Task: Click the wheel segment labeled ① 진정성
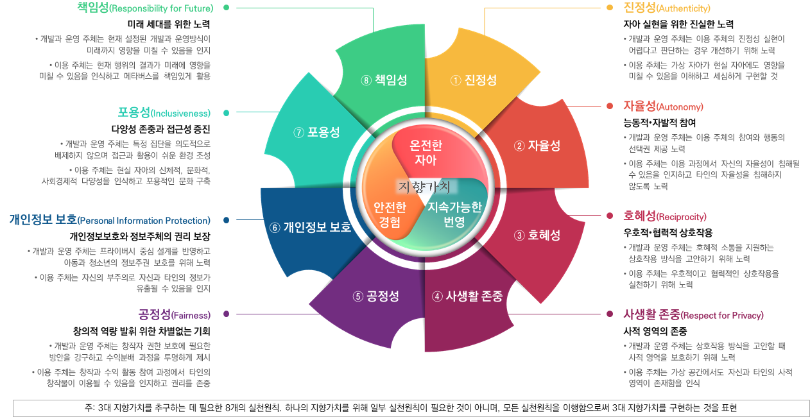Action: click(x=474, y=80)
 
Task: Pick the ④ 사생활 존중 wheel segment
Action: click(x=467, y=296)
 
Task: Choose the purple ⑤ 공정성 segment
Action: click(x=375, y=296)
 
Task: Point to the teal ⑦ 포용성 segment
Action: click(x=316, y=133)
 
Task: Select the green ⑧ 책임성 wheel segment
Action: click(x=384, y=80)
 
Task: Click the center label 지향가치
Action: click(x=424, y=187)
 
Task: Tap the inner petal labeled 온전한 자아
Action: click(x=426, y=153)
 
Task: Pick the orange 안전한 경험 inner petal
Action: click(x=390, y=214)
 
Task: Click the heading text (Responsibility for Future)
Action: click(x=160, y=9)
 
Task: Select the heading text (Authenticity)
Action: click(x=684, y=9)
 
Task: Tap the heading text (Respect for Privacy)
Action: click(x=722, y=316)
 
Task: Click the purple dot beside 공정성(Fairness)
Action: click(x=227, y=314)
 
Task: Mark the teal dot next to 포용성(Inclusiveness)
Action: click(x=227, y=114)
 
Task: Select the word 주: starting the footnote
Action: click(x=89, y=408)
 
